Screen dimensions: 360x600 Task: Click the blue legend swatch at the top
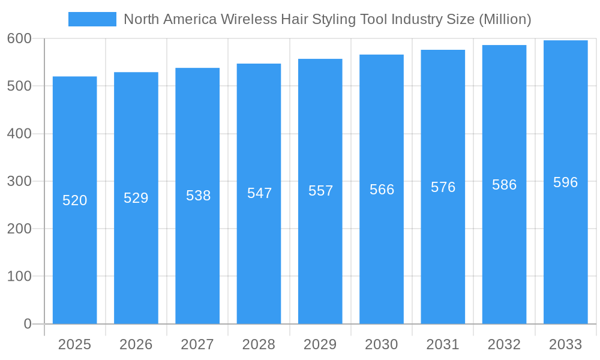pyautogui.click(x=92, y=19)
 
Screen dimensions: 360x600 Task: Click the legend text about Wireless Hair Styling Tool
pyautogui.click(x=327, y=19)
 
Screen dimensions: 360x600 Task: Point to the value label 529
pyautogui.click(x=136, y=198)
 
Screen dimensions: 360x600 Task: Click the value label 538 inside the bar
pyautogui.click(x=198, y=196)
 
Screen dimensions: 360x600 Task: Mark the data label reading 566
pyautogui.click(x=382, y=190)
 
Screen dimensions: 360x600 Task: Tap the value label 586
pyautogui.click(x=504, y=185)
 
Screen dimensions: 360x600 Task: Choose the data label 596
pyautogui.click(x=565, y=182)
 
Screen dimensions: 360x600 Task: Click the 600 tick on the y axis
pyautogui.click(x=19, y=38)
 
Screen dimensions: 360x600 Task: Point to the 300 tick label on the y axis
pyautogui.click(x=19, y=181)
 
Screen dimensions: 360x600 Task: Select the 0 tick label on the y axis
pyautogui.click(x=28, y=324)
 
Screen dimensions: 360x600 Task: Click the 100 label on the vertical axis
pyautogui.click(x=19, y=277)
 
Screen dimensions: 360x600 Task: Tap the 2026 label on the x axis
pyautogui.click(x=136, y=344)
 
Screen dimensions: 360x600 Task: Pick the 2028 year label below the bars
pyautogui.click(x=259, y=344)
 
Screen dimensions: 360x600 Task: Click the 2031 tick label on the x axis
pyautogui.click(x=443, y=344)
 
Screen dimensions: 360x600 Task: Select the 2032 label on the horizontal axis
pyautogui.click(x=504, y=344)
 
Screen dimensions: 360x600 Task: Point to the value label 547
pyautogui.click(x=259, y=193)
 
